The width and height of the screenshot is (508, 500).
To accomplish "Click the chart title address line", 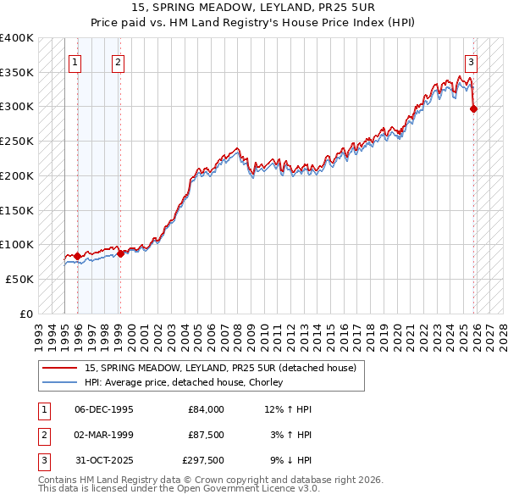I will [x=254, y=8].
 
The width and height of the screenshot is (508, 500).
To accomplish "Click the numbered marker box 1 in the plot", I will [x=75, y=62].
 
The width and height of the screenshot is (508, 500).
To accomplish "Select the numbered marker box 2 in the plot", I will [x=118, y=62].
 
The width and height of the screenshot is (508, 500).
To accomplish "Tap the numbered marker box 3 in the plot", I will [x=470, y=62].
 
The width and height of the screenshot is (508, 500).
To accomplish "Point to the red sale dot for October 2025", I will [x=473, y=108].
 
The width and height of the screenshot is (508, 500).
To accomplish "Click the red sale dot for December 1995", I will [x=78, y=256].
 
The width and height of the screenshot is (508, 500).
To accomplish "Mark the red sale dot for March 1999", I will [x=120, y=253].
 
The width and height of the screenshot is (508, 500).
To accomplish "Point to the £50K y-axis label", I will [x=19, y=279].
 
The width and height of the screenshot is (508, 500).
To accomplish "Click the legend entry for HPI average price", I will [x=183, y=383].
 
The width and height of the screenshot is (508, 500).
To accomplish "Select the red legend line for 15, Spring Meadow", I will [x=60, y=368].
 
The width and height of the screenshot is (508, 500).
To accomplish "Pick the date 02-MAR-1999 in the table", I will [x=104, y=435].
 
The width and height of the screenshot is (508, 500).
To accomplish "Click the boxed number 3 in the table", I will [x=42, y=460].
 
